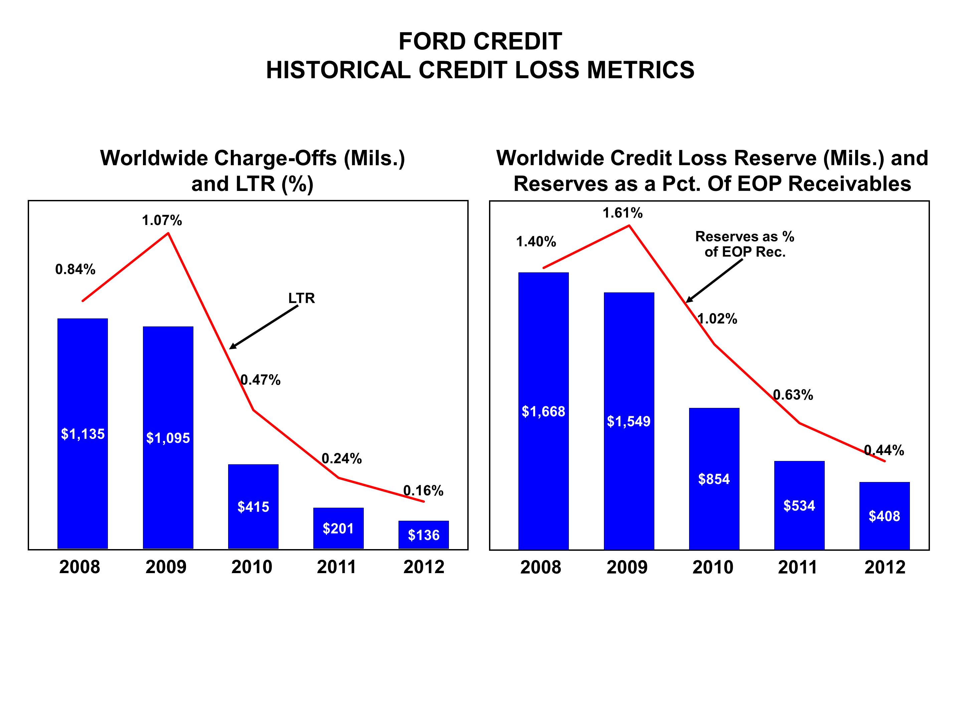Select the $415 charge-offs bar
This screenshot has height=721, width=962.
pos(253,506)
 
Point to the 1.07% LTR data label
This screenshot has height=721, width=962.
pos(162,221)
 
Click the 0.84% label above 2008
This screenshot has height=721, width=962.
pos(75,269)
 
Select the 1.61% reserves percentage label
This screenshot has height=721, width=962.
pos(622,213)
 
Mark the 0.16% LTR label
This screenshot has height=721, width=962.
pos(423,491)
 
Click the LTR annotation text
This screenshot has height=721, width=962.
pos(301,298)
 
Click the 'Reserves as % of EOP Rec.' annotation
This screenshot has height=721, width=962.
pos(745,244)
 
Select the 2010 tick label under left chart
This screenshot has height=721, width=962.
pos(252,567)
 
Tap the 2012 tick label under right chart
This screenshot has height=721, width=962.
pos(885,567)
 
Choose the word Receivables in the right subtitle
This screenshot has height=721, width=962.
pos(849,184)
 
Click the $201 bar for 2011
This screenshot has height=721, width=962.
pos(338,528)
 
